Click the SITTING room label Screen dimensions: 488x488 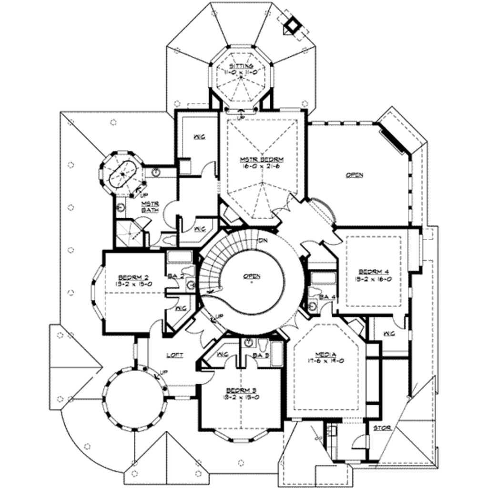click(x=243, y=65)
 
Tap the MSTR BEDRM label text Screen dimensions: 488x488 click(x=262, y=159)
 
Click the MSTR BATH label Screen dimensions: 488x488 click(x=150, y=206)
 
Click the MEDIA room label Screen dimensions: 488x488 click(x=326, y=354)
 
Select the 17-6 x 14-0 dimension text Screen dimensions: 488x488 click(x=326, y=361)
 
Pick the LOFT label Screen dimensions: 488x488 click(x=174, y=355)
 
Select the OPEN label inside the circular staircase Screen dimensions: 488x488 click(x=251, y=276)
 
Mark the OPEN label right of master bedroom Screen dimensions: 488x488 click(x=354, y=175)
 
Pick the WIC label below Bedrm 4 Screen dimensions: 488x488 click(x=389, y=333)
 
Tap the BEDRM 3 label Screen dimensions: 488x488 click(x=240, y=389)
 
